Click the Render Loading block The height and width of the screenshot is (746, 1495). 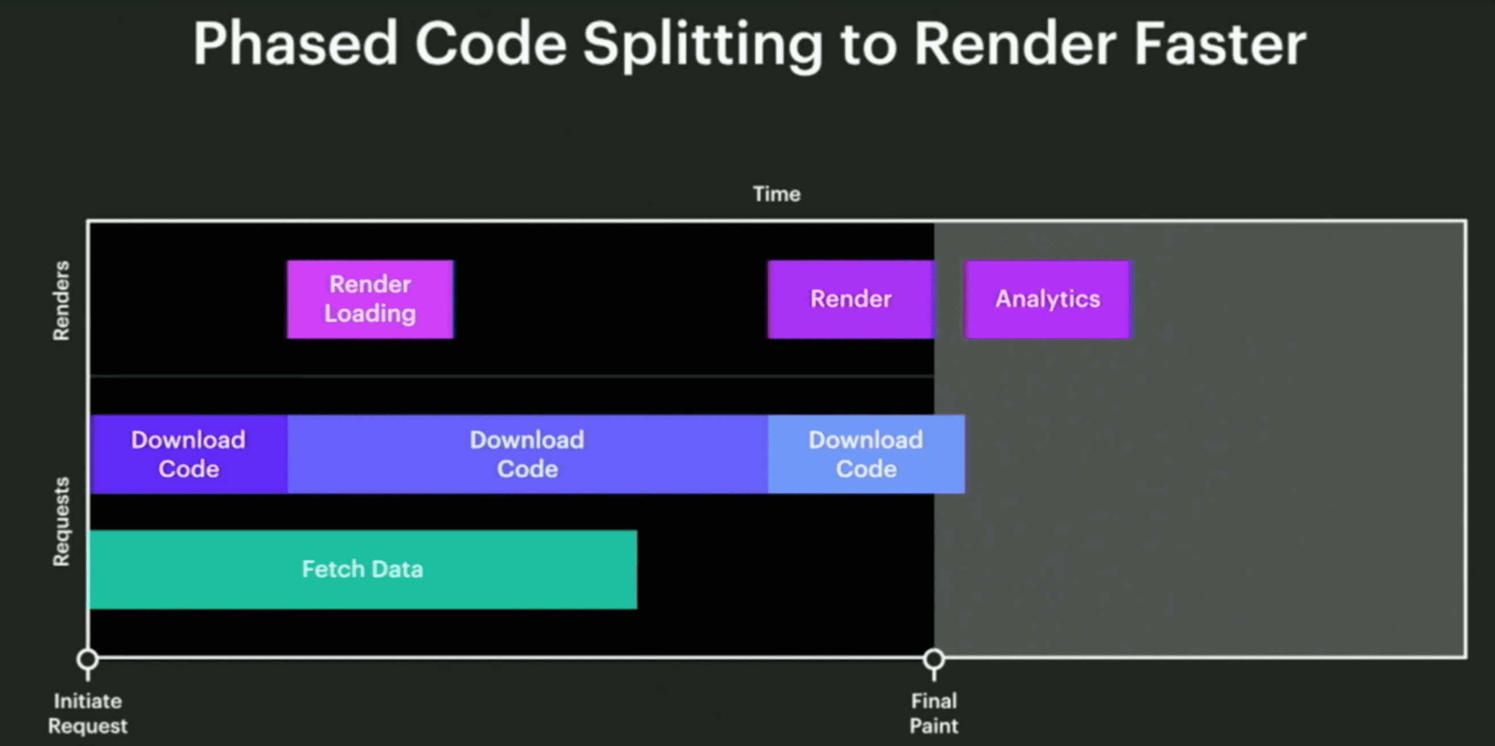click(370, 299)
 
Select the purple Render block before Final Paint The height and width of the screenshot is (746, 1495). click(851, 299)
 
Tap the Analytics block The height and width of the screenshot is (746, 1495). click(1048, 299)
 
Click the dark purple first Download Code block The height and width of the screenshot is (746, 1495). click(189, 454)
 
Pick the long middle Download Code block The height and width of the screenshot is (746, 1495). click(528, 454)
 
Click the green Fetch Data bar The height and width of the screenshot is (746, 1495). click(363, 570)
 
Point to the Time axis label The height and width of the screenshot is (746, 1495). click(777, 194)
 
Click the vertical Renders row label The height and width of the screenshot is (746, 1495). click(61, 301)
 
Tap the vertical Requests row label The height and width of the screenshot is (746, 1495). click(61, 521)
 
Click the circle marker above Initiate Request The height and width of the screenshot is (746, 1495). click(88, 659)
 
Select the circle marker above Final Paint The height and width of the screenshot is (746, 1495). click(934, 659)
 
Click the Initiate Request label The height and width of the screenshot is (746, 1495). click(88, 713)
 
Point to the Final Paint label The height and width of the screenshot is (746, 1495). click(934, 713)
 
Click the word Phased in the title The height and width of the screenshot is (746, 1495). click(296, 44)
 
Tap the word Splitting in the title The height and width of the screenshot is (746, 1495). click(703, 46)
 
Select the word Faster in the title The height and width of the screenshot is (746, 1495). click(1219, 44)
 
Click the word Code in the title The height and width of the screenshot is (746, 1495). click(491, 44)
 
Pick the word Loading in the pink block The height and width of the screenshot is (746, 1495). click(370, 314)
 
